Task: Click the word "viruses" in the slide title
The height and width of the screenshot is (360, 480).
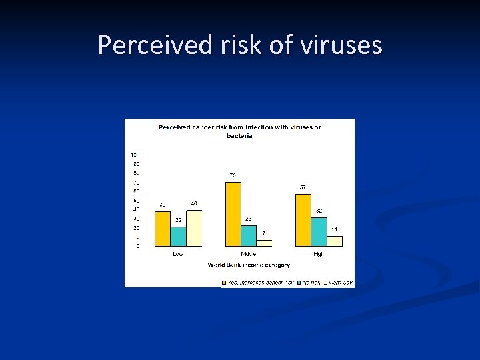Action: (341, 45)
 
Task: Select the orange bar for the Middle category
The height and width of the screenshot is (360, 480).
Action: (233, 213)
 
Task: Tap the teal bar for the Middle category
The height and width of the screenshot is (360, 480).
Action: (248, 235)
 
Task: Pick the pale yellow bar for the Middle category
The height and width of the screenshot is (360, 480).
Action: (264, 243)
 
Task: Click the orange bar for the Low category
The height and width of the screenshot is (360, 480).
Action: (163, 228)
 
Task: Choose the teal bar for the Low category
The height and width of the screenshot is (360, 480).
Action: (178, 236)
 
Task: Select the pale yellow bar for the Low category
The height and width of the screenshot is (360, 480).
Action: (193, 227)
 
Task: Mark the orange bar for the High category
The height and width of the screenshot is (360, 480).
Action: (303, 219)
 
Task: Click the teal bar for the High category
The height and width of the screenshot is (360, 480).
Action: (319, 231)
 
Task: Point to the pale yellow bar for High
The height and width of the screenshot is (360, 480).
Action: (334, 241)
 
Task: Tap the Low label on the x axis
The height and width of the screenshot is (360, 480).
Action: (178, 254)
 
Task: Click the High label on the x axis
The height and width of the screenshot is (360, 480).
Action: (319, 254)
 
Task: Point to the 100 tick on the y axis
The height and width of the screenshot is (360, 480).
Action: (135, 155)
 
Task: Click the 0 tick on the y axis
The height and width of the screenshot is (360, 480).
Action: (137, 246)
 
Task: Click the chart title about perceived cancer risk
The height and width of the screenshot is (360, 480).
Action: (239, 131)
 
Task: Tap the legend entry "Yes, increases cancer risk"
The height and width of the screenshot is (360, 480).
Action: (261, 283)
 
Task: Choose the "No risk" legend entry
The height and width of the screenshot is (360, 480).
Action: (311, 283)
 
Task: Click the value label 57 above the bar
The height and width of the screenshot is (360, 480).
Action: (303, 187)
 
